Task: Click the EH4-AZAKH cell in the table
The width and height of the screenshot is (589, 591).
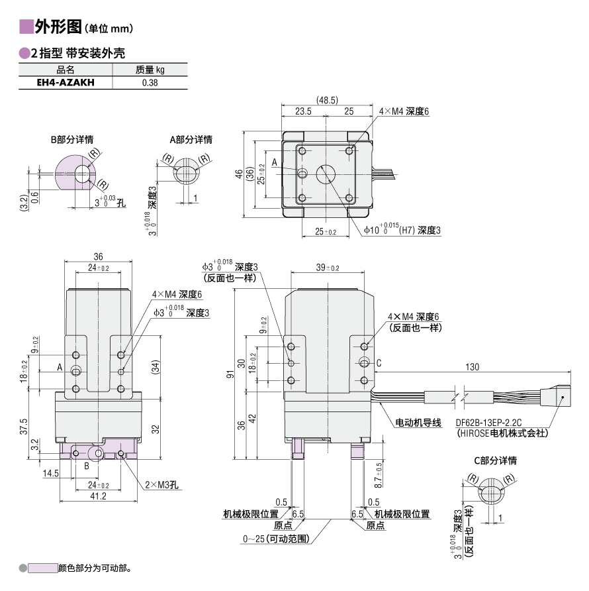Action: coord(66,83)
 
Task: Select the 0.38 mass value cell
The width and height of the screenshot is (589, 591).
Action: coord(150,83)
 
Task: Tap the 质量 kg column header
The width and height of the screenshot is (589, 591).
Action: coord(150,69)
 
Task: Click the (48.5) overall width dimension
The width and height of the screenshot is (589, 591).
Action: coord(327,100)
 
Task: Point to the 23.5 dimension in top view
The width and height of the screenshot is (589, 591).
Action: coord(303,111)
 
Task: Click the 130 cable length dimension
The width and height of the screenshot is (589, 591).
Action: coord(473,367)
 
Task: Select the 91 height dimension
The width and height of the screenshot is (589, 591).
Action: coord(230,376)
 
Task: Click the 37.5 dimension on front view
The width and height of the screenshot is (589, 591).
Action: coord(24,427)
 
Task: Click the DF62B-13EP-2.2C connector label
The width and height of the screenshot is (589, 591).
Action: coord(489,422)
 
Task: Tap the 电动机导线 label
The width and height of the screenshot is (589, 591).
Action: coord(418,422)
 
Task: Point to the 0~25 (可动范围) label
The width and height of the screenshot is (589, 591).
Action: coord(277,539)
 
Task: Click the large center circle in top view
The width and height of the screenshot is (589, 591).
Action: coord(326,174)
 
